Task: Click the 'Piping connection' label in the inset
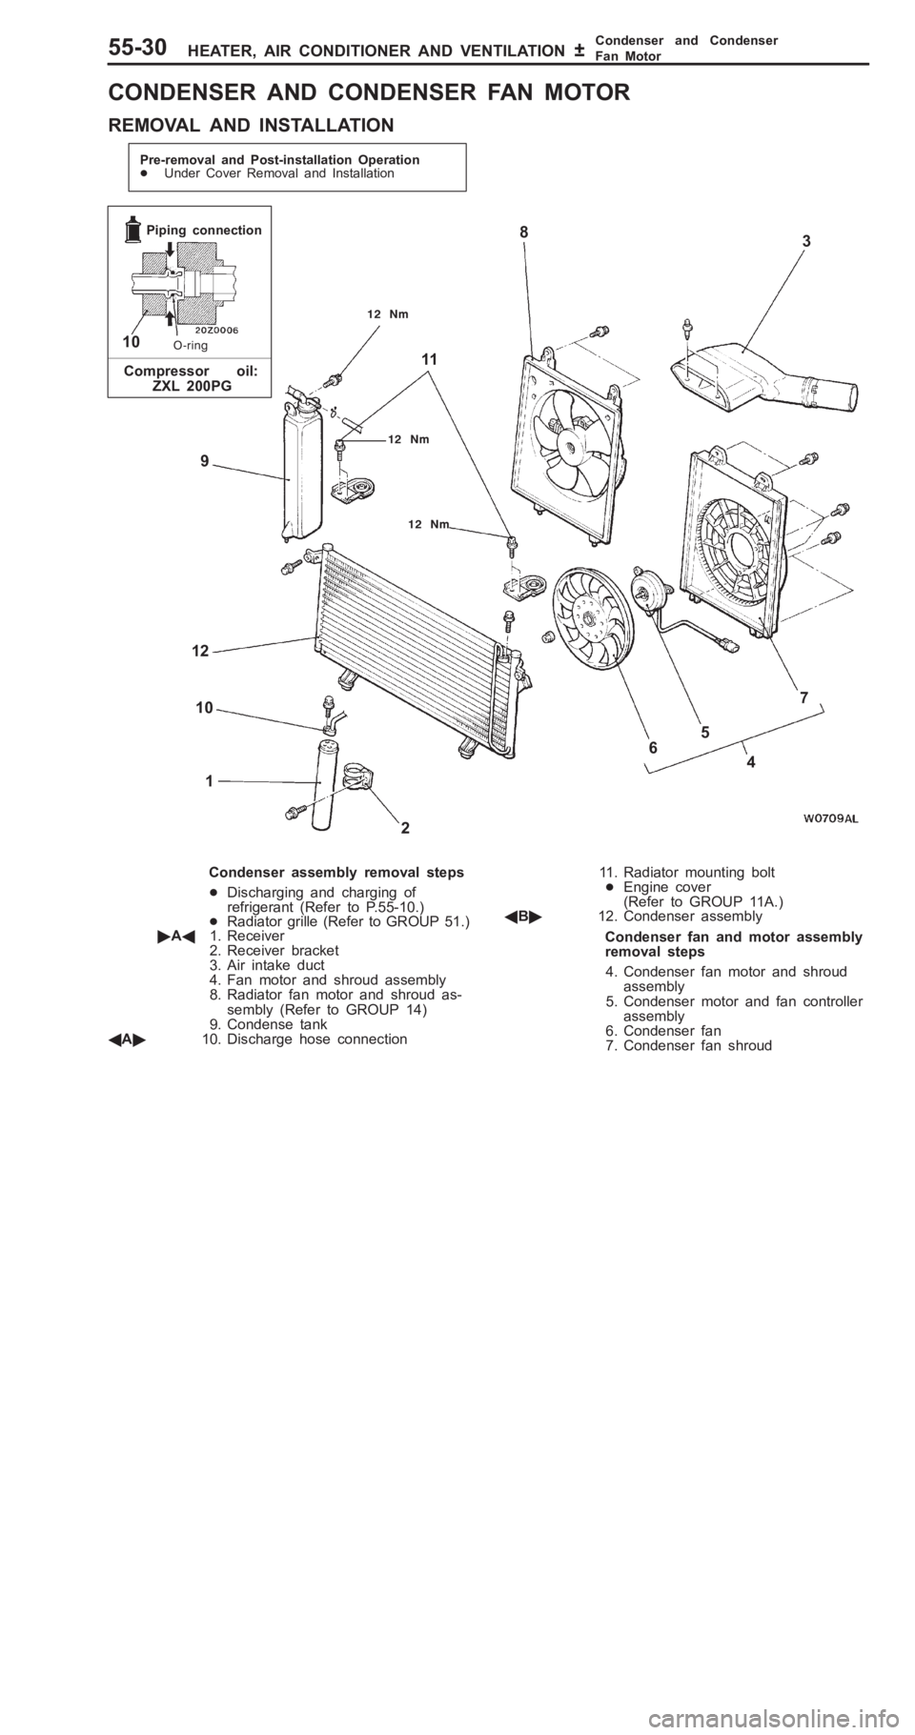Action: point(203,230)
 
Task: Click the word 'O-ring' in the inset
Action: point(191,345)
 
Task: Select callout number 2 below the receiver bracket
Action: point(406,828)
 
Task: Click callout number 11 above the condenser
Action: point(428,360)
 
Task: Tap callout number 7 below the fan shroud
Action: point(804,697)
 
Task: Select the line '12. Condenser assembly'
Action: point(680,915)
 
